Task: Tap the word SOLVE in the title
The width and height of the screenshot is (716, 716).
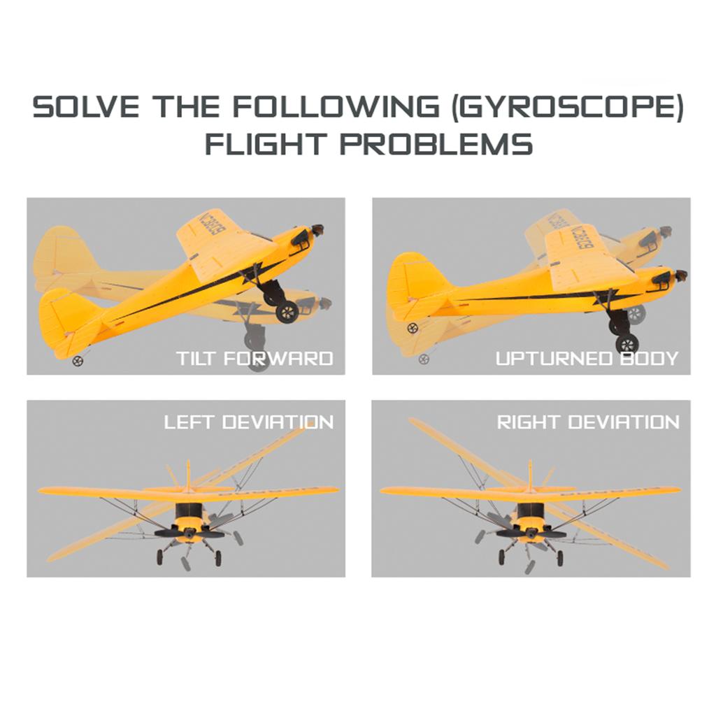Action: (85, 107)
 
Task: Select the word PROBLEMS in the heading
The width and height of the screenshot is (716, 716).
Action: (436, 143)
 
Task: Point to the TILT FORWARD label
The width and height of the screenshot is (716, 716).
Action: (255, 359)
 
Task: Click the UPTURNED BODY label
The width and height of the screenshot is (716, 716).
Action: (587, 359)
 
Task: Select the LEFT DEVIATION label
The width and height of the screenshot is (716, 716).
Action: (249, 422)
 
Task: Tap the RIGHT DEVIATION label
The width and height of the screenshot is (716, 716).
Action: (588, 422)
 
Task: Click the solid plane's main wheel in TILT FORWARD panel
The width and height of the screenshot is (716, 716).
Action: (287, 313)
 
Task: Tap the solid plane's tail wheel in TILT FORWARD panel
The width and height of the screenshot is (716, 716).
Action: (78, 361)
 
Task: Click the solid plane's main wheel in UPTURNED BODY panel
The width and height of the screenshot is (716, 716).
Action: (627, 343)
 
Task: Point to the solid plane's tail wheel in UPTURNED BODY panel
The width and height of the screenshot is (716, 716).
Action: (413, 327)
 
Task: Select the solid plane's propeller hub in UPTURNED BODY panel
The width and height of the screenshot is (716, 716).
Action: (680, 275)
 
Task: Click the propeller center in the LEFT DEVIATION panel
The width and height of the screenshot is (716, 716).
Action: (188, 532)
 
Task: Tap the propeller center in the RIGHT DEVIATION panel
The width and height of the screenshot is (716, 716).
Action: (531, 532)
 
